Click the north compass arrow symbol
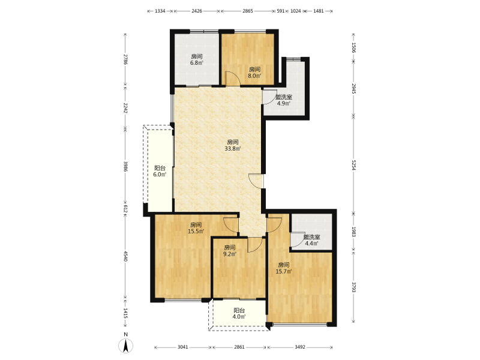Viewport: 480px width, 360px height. pos(125,346)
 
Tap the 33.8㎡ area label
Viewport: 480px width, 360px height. pos(233,149)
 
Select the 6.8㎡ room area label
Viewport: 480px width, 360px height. pos(197,63)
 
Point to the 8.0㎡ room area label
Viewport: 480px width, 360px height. pos(254,76)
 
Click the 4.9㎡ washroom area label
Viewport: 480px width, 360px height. pos(283,103)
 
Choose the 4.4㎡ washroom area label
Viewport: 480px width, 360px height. pos(311,244)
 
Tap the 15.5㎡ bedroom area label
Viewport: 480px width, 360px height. pos(196,232)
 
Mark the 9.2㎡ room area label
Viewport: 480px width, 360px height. pos(230,254)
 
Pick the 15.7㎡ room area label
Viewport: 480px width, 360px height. pos(283,272)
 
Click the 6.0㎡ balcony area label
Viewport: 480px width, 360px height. pos(160,175)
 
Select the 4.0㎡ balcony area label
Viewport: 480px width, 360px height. pos(239,317)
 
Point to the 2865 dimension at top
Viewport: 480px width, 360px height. pos(248,11)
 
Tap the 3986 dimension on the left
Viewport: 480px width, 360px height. pos(125,166)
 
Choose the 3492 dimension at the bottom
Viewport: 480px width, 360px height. pos(300,347)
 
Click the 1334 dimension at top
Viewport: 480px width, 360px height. pos(160,11)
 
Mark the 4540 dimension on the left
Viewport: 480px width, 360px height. pos(125,256)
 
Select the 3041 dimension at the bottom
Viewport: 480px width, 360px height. pos(183,347)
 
